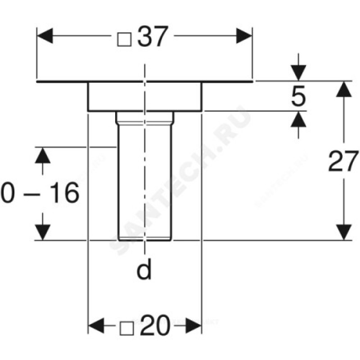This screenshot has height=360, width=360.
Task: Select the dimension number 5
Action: tap(297, 96)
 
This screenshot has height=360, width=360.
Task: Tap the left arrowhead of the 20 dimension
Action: tap(95, 324)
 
